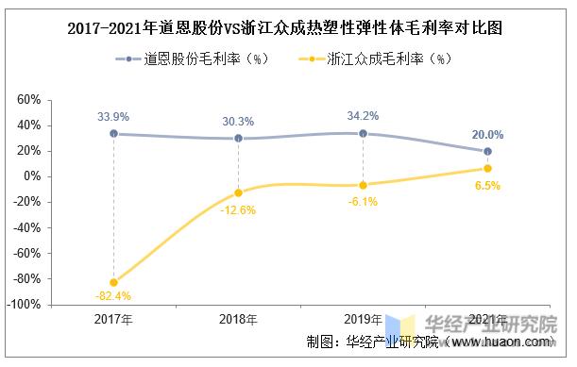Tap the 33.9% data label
[113, 116]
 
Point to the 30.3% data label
[238, 121]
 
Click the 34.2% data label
[363, 115]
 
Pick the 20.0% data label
[487, 134]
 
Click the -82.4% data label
[113, 297]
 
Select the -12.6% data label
[238, 209]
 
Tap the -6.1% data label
[363, 201]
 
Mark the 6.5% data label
[487, 186]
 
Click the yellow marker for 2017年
[113, 282]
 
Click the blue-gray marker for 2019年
[363, 133]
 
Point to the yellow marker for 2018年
[238, 192]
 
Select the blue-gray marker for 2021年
[487, 151]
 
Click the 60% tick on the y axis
[28, 100]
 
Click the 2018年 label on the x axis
[238, 320]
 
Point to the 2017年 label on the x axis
[113, 320]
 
